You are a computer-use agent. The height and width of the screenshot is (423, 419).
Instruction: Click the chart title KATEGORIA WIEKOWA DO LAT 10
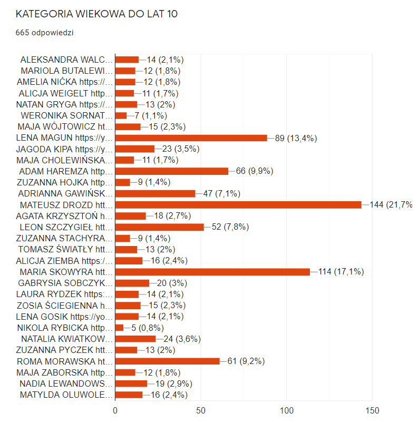96,14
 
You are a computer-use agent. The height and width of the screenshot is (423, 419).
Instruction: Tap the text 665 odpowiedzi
44,33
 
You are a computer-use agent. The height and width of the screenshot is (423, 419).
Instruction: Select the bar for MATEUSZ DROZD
238,204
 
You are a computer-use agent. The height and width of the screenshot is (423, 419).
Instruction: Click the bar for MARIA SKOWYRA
212,272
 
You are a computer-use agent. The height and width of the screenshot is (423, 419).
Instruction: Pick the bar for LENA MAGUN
191,138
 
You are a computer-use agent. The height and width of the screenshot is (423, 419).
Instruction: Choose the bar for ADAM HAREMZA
172,171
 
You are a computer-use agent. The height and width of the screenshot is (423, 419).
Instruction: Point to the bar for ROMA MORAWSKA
168,361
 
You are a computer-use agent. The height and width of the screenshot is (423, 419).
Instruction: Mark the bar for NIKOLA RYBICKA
119,328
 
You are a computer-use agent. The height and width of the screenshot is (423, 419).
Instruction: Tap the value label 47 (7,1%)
222,193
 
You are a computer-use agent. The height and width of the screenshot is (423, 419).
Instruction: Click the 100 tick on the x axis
287,410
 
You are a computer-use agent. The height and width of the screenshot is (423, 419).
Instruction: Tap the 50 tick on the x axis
201,410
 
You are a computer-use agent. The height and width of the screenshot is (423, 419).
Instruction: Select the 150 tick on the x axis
372,410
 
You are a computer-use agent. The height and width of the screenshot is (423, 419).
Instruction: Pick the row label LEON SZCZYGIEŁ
65,227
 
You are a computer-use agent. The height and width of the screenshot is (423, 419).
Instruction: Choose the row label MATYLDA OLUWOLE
66,395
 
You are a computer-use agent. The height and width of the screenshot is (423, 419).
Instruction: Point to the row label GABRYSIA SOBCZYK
65,283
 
